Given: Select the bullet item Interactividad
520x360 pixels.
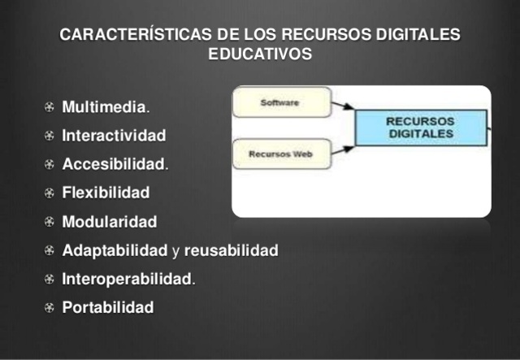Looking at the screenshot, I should [x=114, y=135].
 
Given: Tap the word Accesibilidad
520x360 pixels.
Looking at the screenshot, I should [x=114, y=163].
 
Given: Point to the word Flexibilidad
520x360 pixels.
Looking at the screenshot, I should [x=106, y=193].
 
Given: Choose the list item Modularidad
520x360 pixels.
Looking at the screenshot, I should [x=110, y=221].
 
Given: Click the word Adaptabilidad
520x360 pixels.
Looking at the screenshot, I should [x=115, y=250].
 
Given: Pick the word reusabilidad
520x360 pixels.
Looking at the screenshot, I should [x=232, y=250].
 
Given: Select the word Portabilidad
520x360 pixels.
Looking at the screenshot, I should [x=108, y=308].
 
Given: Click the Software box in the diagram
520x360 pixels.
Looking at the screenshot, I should [x=281, y=102].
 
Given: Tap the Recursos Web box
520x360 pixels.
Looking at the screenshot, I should [x=281, y=153].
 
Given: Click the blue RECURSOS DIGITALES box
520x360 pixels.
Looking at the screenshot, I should [x=420, y=128].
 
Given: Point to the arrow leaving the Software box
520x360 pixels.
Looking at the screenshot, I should [x=343, y=106].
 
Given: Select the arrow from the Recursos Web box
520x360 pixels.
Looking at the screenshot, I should [x=343, y=150].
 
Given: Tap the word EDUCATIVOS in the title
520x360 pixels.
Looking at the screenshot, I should [x=260, y=54].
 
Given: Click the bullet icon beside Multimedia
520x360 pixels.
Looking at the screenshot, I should [x=50, y=106].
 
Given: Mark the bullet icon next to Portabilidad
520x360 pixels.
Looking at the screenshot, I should [x=50, y=308].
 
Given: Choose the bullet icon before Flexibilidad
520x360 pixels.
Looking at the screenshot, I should [x=50, y=193].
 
